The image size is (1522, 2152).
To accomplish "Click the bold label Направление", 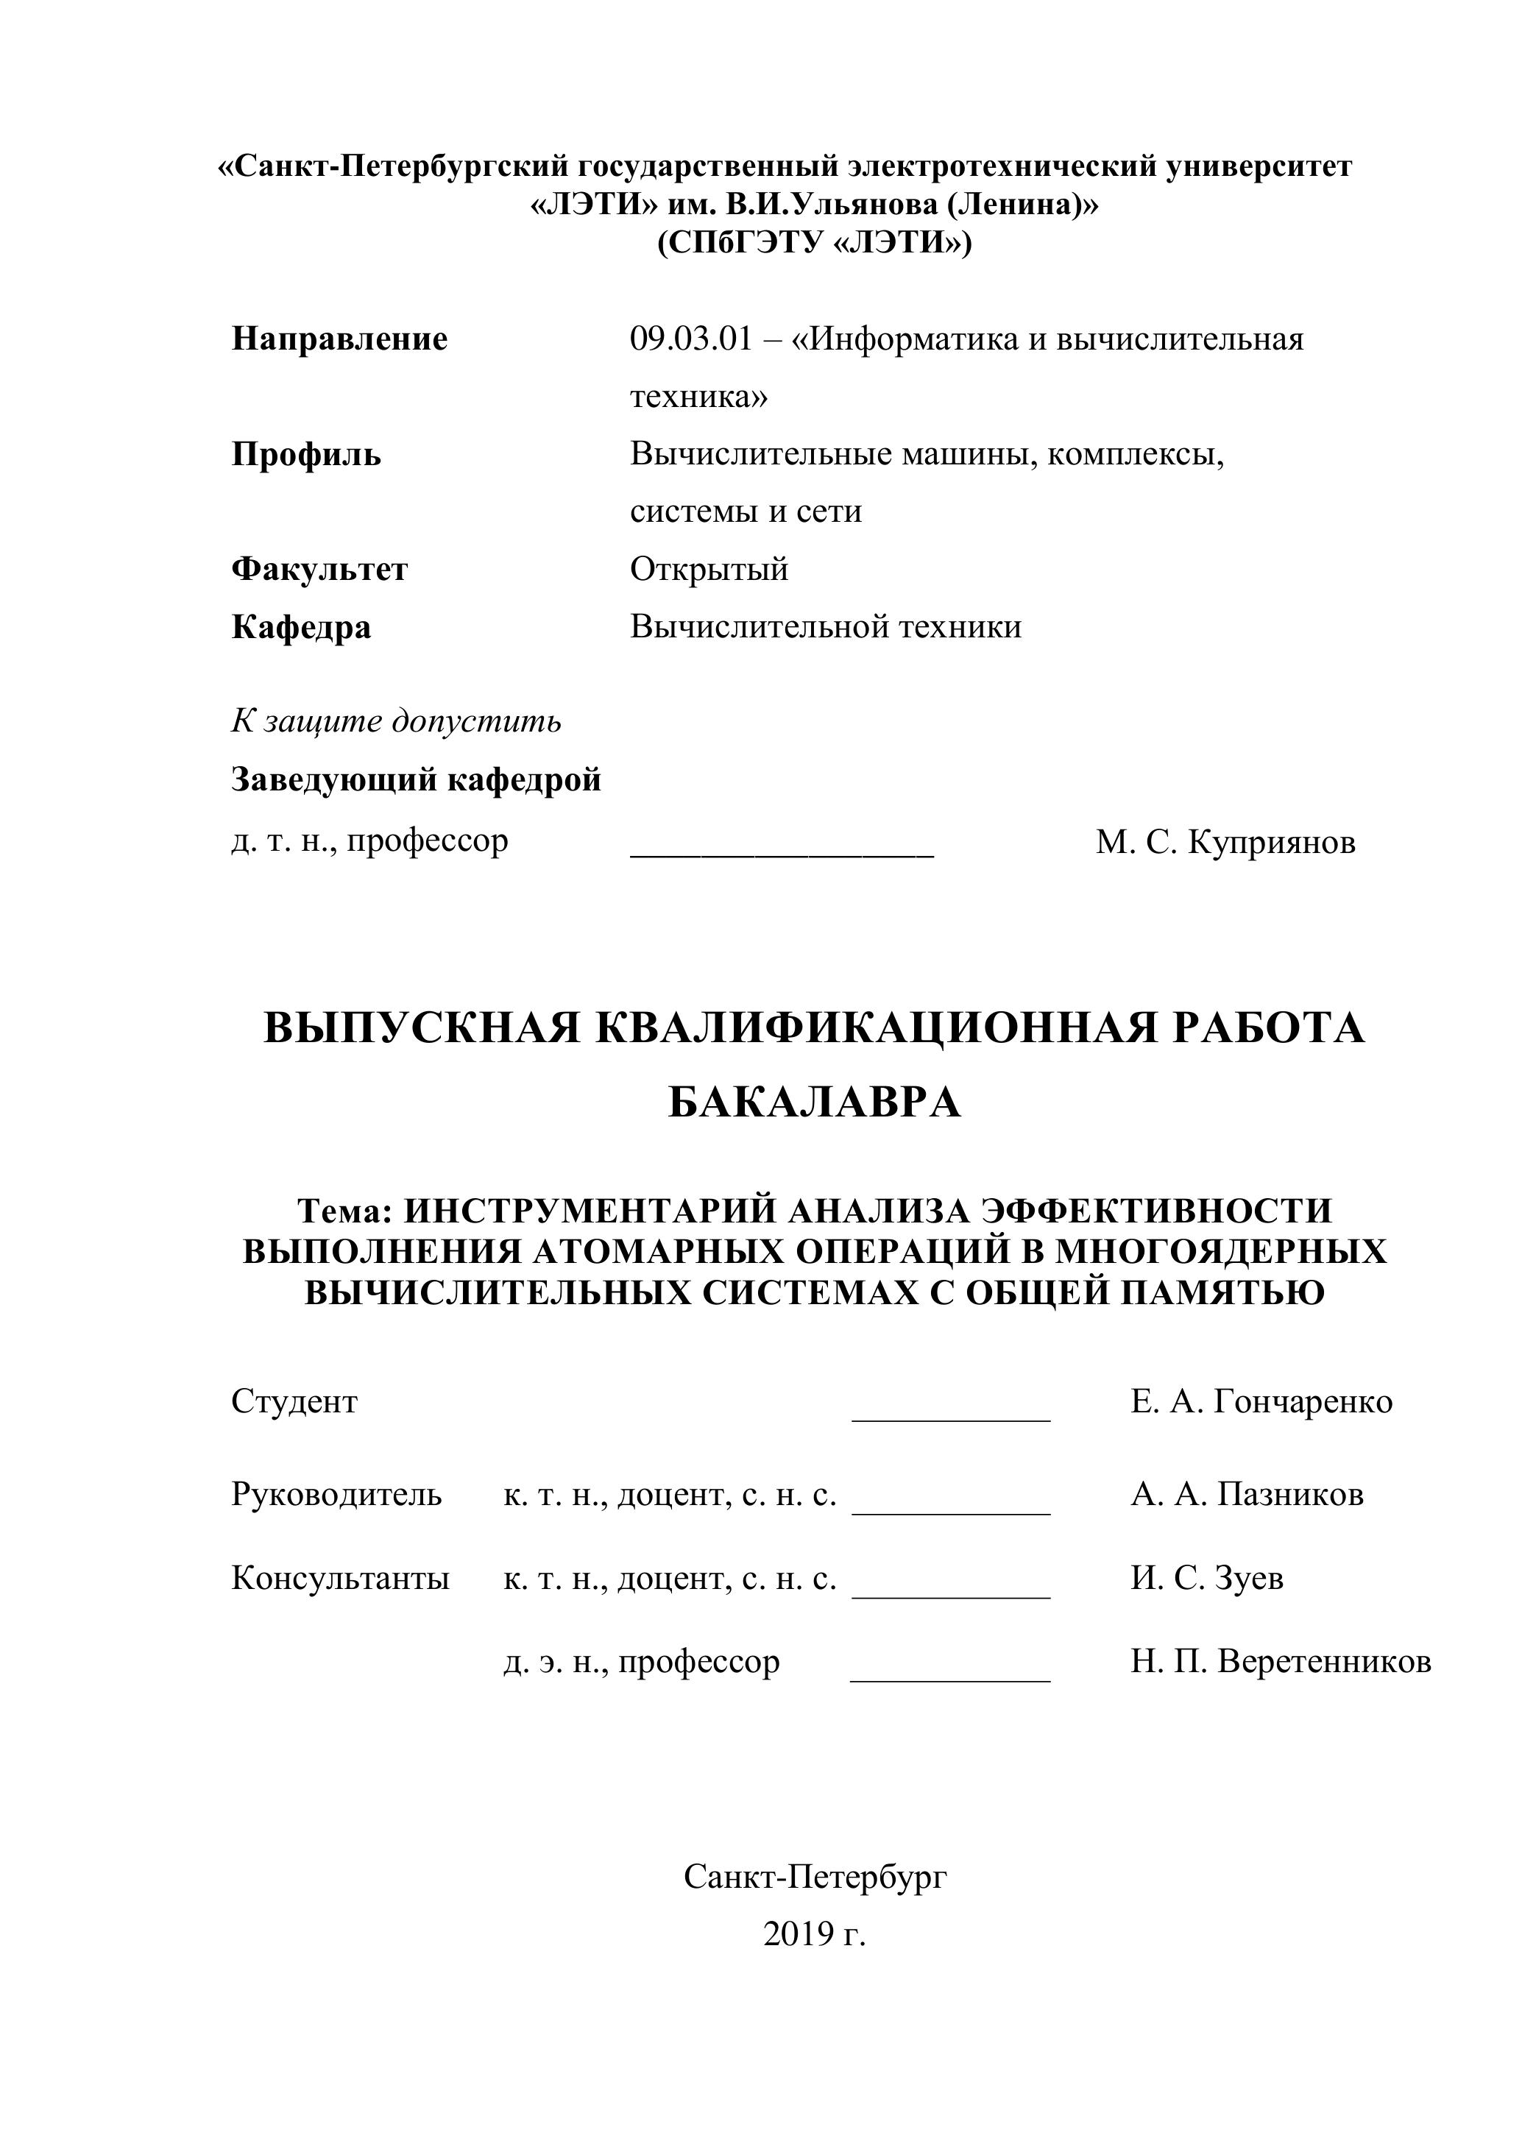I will point(339,339).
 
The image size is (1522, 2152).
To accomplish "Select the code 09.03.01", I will point(690,339).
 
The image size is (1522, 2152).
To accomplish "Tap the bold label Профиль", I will point(306,455).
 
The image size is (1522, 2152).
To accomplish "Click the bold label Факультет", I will point(319,569).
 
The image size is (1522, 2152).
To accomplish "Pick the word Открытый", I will point(709,569).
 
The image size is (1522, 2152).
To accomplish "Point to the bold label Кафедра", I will point(301,626).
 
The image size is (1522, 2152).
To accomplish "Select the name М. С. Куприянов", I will point(1225,842).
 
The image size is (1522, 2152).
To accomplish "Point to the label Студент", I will point(294,1401).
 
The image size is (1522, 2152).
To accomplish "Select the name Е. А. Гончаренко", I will point(1261,1401).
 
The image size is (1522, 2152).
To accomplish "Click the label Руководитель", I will point(336,1494).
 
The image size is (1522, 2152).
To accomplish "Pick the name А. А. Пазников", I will point(1247,1494).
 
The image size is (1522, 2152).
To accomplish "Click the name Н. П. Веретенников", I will point(1280,1662).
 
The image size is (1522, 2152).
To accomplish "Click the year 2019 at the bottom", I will point(799,1933).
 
